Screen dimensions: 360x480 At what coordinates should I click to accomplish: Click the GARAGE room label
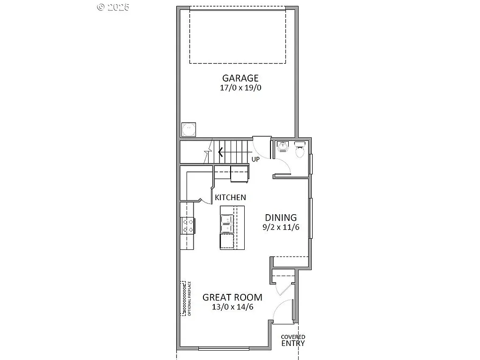point(240,78)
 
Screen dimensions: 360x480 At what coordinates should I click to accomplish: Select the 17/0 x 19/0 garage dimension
point(240,88)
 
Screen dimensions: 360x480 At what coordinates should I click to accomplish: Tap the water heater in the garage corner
point(189,129)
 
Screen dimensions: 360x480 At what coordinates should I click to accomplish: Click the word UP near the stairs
point(255,159)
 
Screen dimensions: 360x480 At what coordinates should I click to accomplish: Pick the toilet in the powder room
point(300,150)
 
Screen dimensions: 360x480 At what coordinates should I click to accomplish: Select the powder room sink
point(283,147)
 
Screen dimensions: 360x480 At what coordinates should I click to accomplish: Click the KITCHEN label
point(230,198)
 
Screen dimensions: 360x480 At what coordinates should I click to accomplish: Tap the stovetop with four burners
point(188,225)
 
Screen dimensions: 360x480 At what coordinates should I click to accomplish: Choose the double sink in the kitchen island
point(227,224)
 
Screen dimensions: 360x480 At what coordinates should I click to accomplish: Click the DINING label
point(281,217)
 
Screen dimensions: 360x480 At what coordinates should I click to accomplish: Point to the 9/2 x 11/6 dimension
point(281,227)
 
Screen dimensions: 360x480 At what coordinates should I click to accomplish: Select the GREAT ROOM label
point(232,297)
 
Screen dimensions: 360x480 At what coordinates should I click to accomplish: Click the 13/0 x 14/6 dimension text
point(232,307)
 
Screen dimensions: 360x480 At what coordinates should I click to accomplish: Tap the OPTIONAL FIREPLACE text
point(189,299)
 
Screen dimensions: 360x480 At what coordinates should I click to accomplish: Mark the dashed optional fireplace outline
point(183,298)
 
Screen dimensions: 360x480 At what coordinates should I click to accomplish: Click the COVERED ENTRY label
point(293,340)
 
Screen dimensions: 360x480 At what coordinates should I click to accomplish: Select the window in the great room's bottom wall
point(224,348)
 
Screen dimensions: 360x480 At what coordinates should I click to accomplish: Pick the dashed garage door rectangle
point(238,35)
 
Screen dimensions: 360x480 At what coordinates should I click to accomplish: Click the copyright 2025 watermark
point(113,7)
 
